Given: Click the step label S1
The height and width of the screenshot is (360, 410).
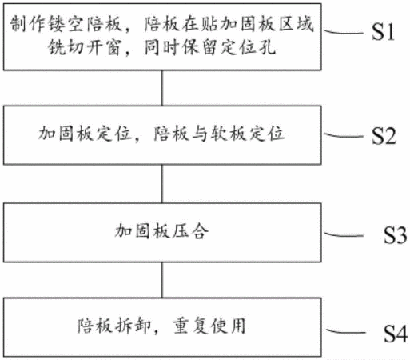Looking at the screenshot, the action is pos(383,32).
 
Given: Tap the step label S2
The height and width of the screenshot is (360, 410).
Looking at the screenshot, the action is pos(384,136).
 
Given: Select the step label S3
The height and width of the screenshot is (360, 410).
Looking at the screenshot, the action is pos(395,235).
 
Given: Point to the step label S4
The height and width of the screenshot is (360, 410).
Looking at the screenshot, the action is pos(396,334).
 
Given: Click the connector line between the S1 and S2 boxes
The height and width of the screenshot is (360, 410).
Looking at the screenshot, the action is pos(162,88).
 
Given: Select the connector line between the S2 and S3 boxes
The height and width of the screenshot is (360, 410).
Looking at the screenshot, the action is pos(162,184).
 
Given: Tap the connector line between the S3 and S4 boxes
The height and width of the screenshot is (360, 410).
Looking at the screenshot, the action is pos(162,280).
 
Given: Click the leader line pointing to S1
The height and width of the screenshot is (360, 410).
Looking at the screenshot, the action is pos(344,32).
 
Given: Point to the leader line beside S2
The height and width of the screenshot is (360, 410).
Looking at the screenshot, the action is pos(344,135).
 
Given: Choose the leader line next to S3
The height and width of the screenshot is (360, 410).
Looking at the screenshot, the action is pos(344,234).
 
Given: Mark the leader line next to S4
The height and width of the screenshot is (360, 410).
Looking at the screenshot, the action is pos(346,331).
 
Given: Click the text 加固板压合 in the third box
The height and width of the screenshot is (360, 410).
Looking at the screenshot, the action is pos(161,231).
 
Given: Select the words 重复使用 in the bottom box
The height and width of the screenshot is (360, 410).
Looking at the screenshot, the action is pos(209,326).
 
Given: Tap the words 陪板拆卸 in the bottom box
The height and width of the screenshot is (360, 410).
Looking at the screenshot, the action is pos(114,326).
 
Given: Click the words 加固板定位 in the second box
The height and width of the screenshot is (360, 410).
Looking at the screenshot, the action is pos(86,133).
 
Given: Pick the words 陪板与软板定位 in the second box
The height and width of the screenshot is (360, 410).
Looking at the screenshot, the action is pos(219,133).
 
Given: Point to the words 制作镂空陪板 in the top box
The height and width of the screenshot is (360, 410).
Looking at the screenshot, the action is pos(66,24).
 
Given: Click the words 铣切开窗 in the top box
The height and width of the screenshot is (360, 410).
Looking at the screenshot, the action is pos(85,47).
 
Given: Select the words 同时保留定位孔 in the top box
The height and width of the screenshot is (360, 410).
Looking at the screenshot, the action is pos(210,47).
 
